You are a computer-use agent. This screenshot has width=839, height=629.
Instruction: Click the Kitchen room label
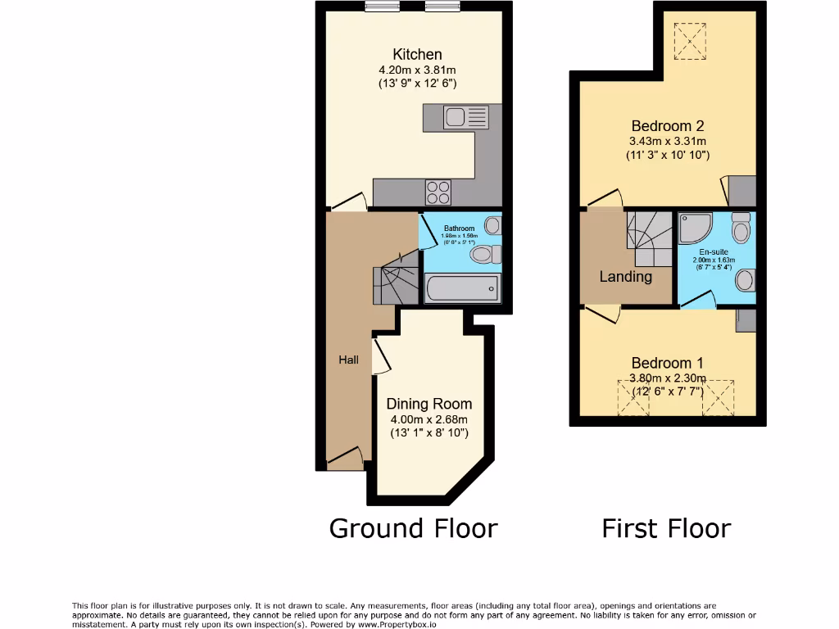tap(417, 55)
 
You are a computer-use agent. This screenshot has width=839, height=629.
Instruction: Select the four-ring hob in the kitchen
tap(438, 192)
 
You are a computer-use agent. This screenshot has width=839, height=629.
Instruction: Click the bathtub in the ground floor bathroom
tap(462, 288)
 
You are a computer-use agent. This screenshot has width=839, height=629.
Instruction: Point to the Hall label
tap(349, 360)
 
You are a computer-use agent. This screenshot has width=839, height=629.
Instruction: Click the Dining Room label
tap(429, 404)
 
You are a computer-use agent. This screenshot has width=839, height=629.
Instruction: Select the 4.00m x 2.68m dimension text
tap(429, 419)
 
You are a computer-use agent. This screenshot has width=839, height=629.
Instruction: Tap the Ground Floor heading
tap(413, 528)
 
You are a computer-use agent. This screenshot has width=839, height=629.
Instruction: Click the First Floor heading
tap(666, 528)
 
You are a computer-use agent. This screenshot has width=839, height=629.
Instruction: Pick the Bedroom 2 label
tap(668, 126)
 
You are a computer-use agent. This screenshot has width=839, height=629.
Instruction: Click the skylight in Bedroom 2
tap(690, 40)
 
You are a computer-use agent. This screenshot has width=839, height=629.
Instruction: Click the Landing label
tap(626, 277)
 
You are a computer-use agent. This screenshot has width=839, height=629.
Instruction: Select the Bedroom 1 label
tap(667, 363)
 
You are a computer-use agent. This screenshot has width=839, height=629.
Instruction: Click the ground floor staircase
tap(395, 283)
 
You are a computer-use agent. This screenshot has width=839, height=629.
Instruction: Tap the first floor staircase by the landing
tap(649, 229)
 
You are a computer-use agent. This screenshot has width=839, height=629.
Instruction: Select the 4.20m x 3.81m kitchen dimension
tap(417, 70)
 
